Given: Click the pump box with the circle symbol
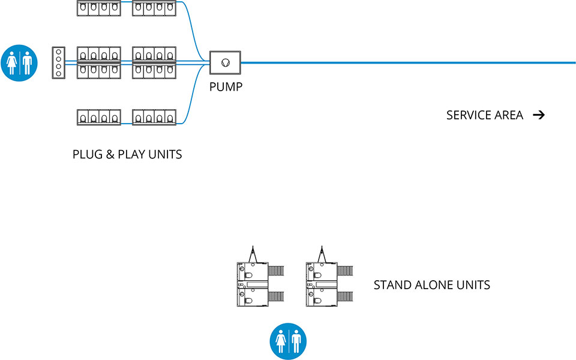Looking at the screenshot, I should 225,62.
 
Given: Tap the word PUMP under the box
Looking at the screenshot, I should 226,88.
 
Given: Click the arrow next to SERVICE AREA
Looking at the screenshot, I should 538,115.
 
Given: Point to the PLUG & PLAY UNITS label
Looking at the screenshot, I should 127,154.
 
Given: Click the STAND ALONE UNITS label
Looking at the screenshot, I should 431,285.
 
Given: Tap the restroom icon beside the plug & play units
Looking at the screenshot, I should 20,62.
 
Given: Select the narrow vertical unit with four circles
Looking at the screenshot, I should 58,62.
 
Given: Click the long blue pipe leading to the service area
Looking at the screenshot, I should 408,62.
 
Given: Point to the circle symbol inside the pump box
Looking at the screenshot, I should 225,62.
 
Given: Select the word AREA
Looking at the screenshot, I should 509,115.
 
